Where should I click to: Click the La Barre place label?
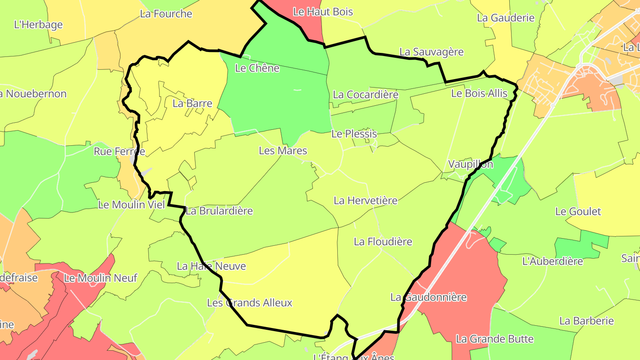pyautogui.click(x=192, y=104)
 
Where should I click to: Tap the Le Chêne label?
pyautogui.click(x=257, y=68)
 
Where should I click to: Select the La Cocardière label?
pyautogui.click(x=365, y=95)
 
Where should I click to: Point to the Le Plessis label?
pyautogui.click(x=354, y=134)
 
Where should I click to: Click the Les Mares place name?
pyautogui.click(x=283, y=151)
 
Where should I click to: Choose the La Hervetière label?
pyautogui.click(x=365, y=200)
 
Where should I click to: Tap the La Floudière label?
pyautogui.click(x=383, y=242)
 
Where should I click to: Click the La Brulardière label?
pyautogui.click(x=219, y=211)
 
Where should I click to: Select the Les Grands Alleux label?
pyautogui.click(x=250, y=303)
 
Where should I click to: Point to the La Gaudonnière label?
pyautogui.click(x=428, y=297)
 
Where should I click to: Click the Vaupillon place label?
pyautogui.click(x=471, y=164)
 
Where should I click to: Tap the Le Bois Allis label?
pyautogui.click(x=479, y=93)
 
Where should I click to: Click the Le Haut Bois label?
pyautogui.click(x=323, y=12)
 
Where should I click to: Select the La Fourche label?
pyautogui.click(x=166, y=13)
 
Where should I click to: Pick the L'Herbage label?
pyautogui.click(x=38, y=24)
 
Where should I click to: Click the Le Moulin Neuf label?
pyautogui.click(x=101, y=278)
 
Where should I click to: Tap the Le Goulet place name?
pyautogui.click(x=578, y=212)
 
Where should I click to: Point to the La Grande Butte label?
pyautogui.click(x=495, y=339)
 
